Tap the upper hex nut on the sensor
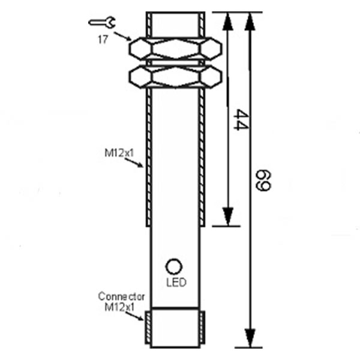(175, 47)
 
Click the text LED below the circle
(175, 283)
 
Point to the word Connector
(121, 296)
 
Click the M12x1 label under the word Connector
(118, 307)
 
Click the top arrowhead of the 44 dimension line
(227, 20)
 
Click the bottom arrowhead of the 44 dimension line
(227, 217)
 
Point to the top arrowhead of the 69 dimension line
(250, 20)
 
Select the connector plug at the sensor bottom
(175, 328)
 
